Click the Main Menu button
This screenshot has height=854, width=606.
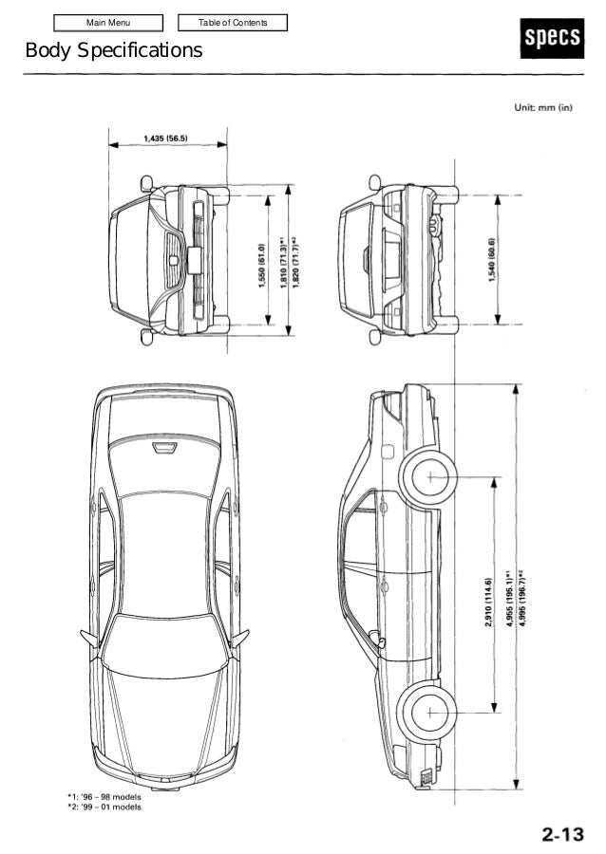pos(108,23)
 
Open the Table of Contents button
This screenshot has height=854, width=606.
pos(233,23)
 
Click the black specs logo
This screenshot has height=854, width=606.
pos(552,38)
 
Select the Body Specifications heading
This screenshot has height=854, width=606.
pos(114,50)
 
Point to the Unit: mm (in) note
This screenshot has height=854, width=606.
pos(543,107)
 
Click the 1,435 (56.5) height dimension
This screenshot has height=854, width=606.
pos(165,139)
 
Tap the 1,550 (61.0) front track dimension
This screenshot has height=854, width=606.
pos(261,266)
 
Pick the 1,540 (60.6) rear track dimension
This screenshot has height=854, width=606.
pos(492,260)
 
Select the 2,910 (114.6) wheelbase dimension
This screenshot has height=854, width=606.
pos(488,602)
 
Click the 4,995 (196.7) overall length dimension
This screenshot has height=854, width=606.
pos(522,598)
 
